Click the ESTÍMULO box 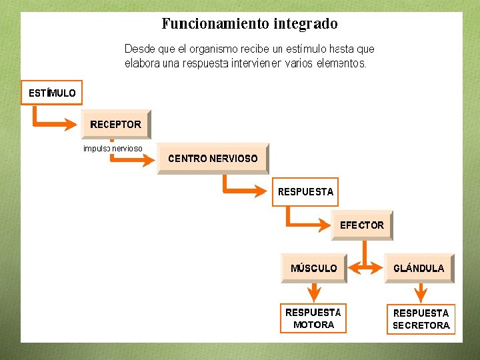[x=52, y=93]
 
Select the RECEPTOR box [x=116, y=124]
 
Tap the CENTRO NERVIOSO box [x=213, y=159]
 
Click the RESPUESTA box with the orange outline [x=305, y=191]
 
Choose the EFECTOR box [x=362, y=225]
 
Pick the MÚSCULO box [x=314, y=268]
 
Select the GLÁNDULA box [x=419, y=268]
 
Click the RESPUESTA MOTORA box [x=313, y=318]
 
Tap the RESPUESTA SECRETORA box [x=421, y=319]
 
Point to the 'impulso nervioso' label [x=113, y=148]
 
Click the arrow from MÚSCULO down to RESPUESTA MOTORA [x=313, y=291]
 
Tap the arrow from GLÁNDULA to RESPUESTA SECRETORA [x=421, y=292]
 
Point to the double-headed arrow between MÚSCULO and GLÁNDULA [x=365, y=267]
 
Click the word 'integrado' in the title [x=305, y=24]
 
